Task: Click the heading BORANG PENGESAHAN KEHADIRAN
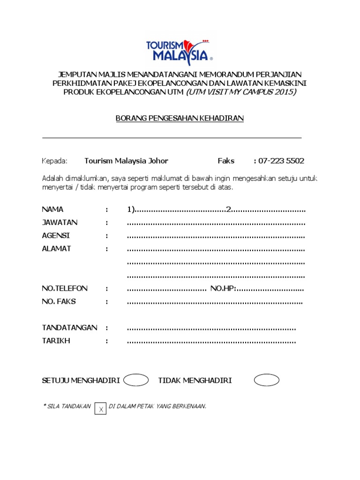coord(180,118)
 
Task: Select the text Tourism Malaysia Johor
coord(126,161)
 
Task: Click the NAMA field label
coord(52,209)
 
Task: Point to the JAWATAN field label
coord(60,222)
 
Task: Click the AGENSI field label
coord(56,235)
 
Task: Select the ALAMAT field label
coord(56,248)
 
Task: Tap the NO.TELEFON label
coord(65,288)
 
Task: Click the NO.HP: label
coord(223,288)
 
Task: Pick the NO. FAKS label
coord(59,301)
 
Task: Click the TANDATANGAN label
coord(69,328)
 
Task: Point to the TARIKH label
coord(56,341)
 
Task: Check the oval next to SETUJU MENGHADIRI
coord(136,380)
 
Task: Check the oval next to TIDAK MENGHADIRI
coord(266,380)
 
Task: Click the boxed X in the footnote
coord(100,408)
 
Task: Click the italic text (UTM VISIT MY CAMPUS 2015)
coord(241,92)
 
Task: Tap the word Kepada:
coord(55,161)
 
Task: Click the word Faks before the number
coord(226,161)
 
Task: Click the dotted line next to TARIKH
coord(211,342)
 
